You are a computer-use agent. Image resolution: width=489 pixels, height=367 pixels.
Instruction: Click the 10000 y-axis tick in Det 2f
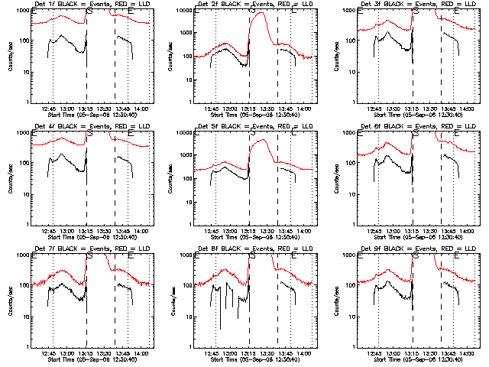tap(180, 11)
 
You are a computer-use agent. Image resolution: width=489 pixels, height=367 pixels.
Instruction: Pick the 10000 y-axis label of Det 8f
tap(180, 255)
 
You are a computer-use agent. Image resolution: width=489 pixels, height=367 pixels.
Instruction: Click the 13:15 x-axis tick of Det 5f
tap(248, 232)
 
